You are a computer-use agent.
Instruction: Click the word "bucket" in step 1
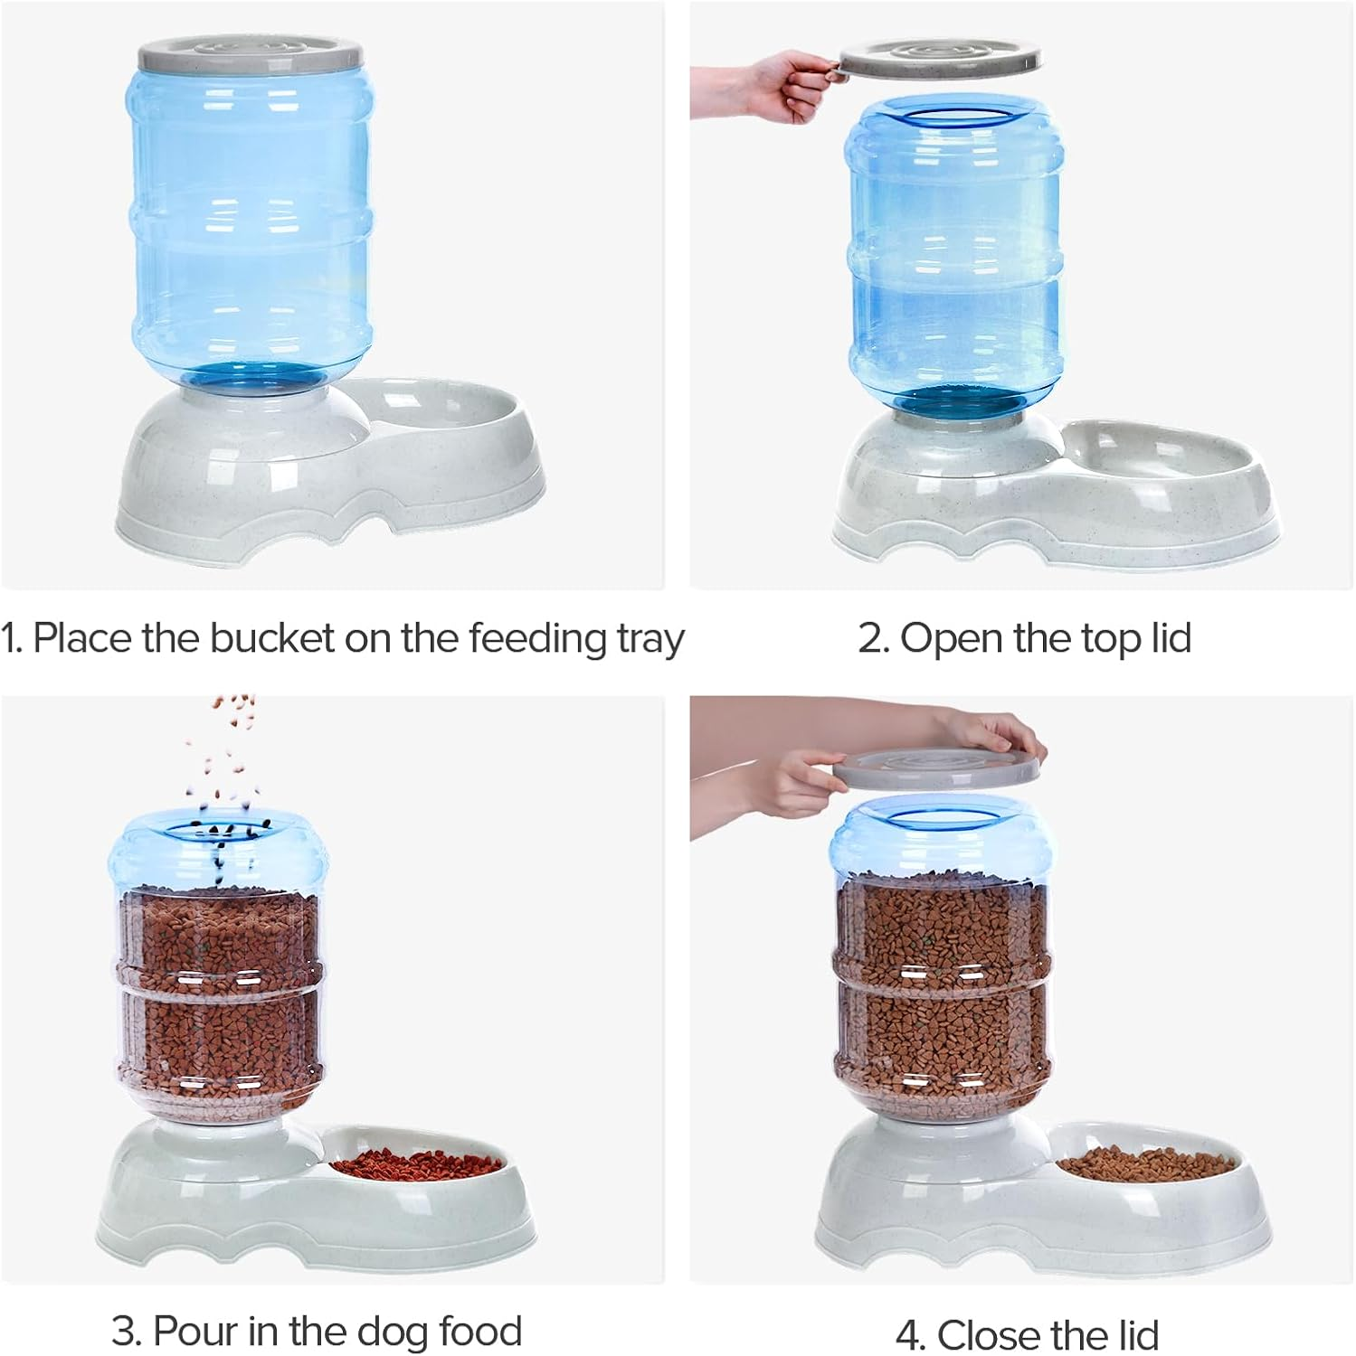(x=272, y=638)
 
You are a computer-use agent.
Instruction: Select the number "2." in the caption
(x=873, y=638)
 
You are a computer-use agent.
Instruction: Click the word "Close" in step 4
(x=989, y=1335)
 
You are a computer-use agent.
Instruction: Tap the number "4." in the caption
(x=911, y=1335)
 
